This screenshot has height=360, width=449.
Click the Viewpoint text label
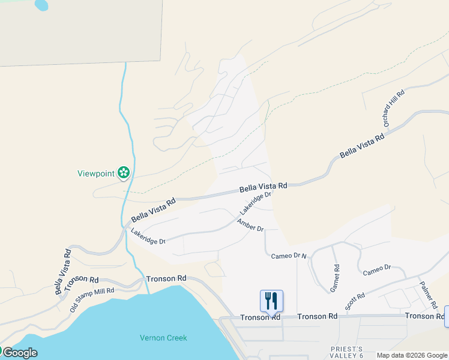95,174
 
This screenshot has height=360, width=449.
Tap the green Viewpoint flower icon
124,173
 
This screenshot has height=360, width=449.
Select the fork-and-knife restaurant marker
271,301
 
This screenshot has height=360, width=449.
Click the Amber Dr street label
250,226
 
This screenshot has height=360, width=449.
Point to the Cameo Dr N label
289,256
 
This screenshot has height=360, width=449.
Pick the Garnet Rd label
335,278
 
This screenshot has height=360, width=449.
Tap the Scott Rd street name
355,301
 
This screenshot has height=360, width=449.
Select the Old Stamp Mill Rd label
92,298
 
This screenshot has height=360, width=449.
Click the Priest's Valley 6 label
347,352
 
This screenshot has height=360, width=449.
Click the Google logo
19,353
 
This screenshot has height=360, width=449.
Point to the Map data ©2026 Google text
411,355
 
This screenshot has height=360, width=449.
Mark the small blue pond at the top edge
41,5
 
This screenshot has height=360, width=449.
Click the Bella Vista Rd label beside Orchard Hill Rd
362,146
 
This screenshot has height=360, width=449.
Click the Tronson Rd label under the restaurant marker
260,317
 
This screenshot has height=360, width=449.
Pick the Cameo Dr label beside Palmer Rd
377,270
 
